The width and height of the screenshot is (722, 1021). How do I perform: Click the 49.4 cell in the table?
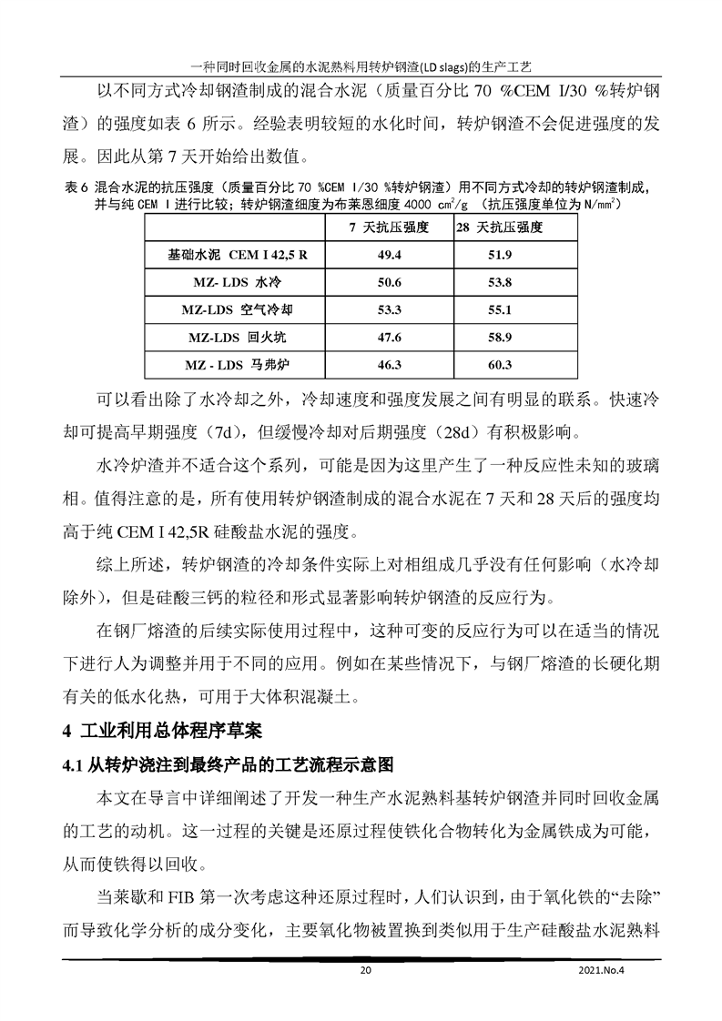[x=390, y=255]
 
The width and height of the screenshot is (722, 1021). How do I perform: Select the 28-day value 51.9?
[x=501, y=255]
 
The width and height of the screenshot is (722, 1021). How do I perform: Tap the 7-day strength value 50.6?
[x=390, y=282]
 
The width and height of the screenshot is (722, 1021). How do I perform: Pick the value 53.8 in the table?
[x=501, y=282]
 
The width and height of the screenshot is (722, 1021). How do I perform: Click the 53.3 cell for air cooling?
[x=390, y=310]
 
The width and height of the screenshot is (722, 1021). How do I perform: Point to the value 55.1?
[x=501, y=310]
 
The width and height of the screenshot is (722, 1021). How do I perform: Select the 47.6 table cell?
[x=390, y=338]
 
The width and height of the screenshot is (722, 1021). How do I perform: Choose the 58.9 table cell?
[x=501, y=338]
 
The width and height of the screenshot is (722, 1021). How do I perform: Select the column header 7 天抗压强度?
[x=390, y=227]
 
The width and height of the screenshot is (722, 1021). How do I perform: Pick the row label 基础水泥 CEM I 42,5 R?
[x=239, y=255]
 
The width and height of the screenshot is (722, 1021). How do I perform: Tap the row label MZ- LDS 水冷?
[x=239, y=282]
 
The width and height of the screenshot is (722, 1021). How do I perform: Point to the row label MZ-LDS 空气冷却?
[x=239, y=310]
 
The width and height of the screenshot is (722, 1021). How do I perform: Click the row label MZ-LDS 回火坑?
[x=239, y=338]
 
